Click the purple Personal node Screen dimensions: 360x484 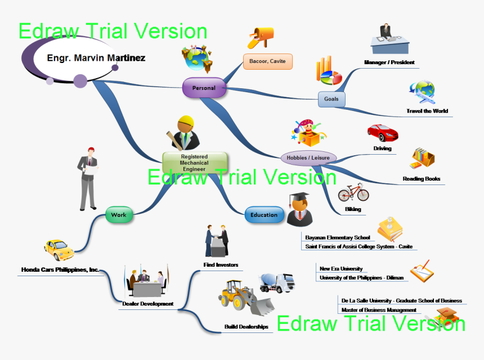pyautogui.click(x=204, y=88)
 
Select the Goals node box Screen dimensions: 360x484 pyautogui.click(x=331, y=99)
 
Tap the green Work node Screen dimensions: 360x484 pyautogui.click(x=119, y=215)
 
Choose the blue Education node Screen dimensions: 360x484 pyautogui.click(x=264, y=215)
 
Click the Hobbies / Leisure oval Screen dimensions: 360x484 pyautogui.click(x=308, y=157)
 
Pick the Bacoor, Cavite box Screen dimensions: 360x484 pyautogui.click(x=268, y=61)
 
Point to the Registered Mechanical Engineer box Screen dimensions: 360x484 pyautogui.click(x=194, y=163)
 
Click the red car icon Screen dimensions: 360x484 pyautogui.click(x=383, y=133)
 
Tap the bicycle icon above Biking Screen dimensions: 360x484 pyautogui.click(x=353, y=192)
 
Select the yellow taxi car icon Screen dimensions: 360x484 pyautogui.click(x=59, y=249)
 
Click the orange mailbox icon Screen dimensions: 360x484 pyautogui.click(x=261, y=37)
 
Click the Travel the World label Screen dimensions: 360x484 pyautogui.click(x=427, y=111)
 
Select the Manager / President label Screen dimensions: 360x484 pyautogui.click(x=389, y=62)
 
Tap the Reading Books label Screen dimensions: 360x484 pyautogui.click(x=421, y=179)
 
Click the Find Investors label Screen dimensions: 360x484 pyautogui.click(x=221, y=264)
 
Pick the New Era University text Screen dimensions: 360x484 pyautogui.click(x=341, y=269)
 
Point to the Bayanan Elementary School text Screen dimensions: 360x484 pyautogui.click(x=338, y=237)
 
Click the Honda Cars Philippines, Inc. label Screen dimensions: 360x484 pyautogui.click(x=60, y=270)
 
